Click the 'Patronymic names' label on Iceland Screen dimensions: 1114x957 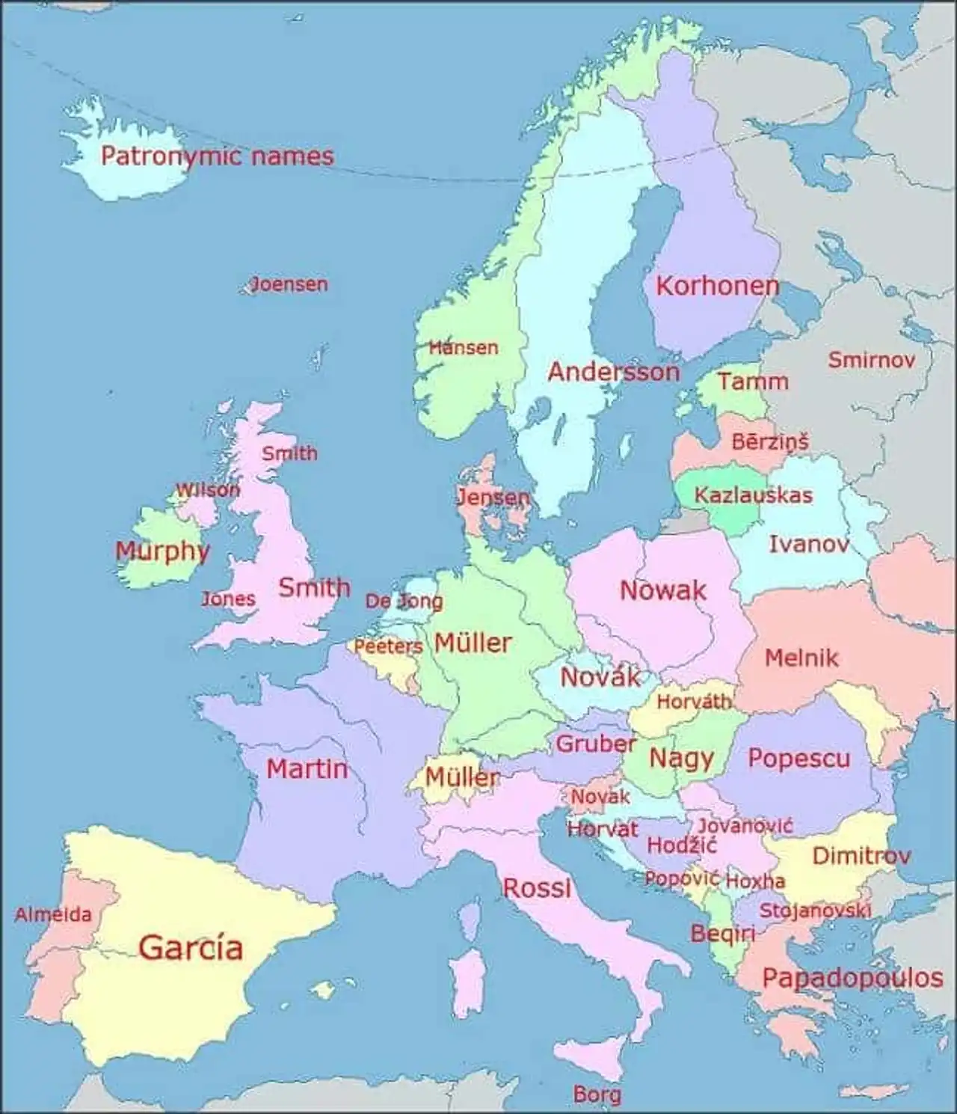coord(217,156)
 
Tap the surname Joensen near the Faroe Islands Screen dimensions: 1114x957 coord(289,284)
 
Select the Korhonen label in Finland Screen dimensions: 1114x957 coord(717,286)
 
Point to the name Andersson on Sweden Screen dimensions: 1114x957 coord(614,372)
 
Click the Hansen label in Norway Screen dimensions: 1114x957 coord(464,348)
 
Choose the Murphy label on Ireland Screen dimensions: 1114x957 coord(161,551)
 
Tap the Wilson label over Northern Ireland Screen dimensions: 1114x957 coord(207,490)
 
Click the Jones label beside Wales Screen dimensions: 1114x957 coord(228,599)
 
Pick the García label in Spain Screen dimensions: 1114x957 coord(191,947)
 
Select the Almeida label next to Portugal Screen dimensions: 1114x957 coord(53,914)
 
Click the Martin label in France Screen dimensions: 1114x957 coord(307,768)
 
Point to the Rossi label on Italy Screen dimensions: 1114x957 coord(537,888)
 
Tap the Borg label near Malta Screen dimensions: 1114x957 coord(597,1095)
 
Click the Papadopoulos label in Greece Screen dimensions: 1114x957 coord(852,978)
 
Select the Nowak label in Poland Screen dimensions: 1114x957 coord(662,590)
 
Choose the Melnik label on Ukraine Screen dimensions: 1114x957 coord(801,658)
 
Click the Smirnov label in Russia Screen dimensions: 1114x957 coord(871,361)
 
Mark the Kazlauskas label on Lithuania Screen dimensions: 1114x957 coord(753,495)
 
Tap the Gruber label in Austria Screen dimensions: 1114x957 coord(595,744)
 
